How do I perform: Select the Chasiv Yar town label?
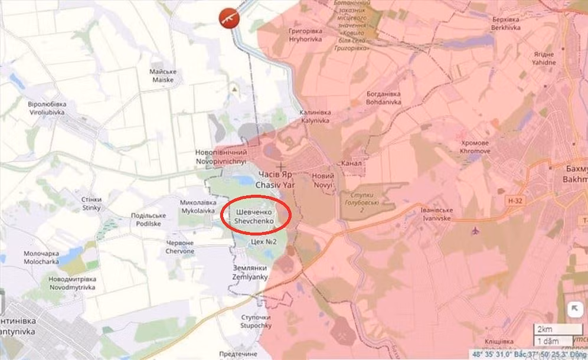(275, 180)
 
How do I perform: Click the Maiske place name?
(163, 76)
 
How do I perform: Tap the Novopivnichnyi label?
(221, 156)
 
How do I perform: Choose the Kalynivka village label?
(315, 116)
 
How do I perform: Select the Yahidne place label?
(543, 58)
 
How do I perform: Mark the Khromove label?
(475, 147)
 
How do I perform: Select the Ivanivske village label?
(436, 214)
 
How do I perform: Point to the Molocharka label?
(41, 257)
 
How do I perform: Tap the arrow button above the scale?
(573, 309)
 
